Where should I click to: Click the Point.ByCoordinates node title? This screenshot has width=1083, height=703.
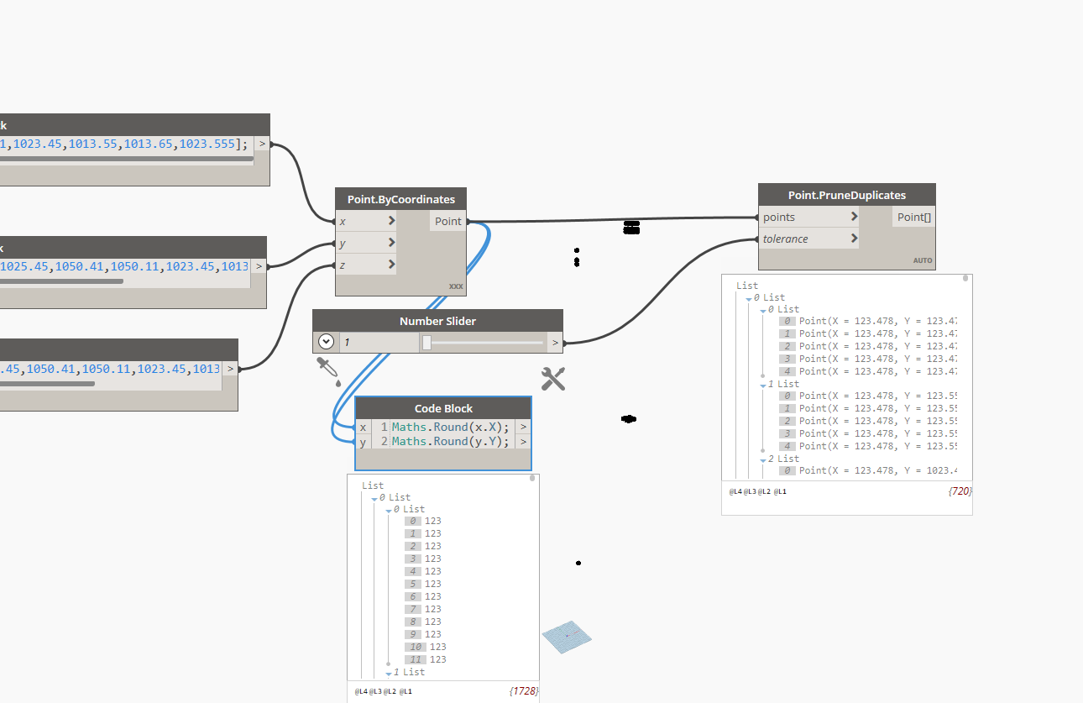tap(400, 199)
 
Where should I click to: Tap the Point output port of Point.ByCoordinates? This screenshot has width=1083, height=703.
tap(448, 221)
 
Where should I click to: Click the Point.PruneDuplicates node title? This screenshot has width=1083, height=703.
tap(846, 195)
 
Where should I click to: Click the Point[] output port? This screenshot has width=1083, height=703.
tap(913, 217)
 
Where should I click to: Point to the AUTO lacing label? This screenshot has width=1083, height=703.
tap(923, 260)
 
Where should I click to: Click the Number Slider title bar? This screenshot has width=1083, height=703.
tap(437, 321)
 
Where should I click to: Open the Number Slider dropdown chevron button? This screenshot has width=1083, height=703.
tap(327, 342)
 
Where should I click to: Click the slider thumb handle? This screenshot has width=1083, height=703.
tap(426, 342)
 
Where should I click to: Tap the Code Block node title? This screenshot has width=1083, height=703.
tap(443, 408)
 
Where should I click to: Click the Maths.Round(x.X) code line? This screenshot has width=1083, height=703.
tap(450, 427)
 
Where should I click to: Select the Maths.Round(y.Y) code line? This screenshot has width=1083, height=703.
tap(450, 441)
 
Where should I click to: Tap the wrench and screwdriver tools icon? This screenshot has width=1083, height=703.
tap(553, 379)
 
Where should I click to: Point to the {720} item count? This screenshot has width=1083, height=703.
tap(960, 491)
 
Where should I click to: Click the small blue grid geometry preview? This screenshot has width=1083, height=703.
tap(566, 637)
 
